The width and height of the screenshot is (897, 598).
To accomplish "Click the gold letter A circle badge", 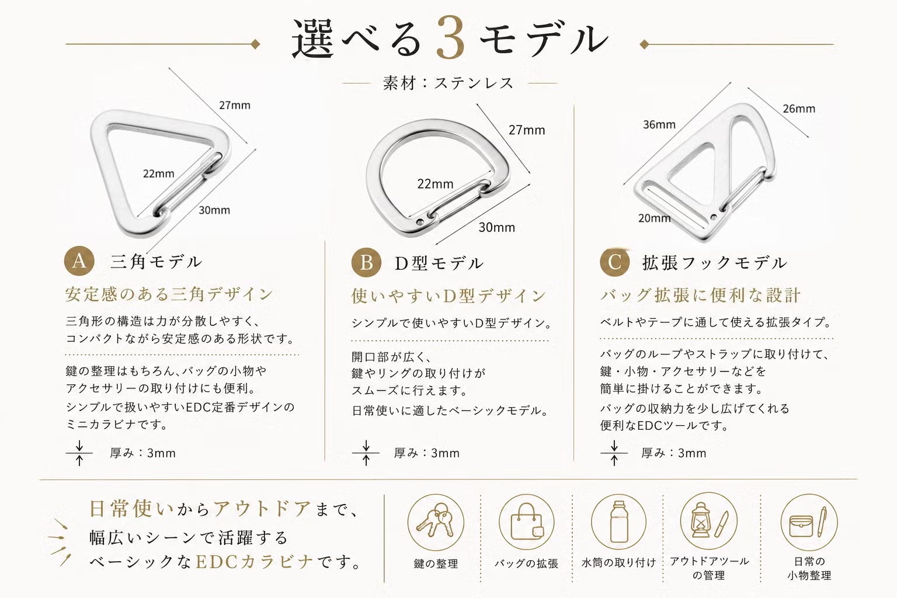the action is [x=79, y=260].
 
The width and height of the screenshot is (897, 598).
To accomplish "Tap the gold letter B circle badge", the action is [x=366, y=263].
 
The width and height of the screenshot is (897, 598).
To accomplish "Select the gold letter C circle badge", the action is [x=615, y=262].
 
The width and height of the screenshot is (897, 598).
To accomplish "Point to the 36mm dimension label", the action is [x=659, y=124].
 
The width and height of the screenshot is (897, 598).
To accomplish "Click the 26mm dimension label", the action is [x=799, y=109].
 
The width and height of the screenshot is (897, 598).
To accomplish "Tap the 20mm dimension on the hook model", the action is [x=654, y=218].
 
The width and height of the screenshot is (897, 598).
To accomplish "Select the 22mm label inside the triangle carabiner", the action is [x=159, y=174].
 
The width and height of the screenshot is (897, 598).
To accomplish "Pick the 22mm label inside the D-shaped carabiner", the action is [x=435, y=184].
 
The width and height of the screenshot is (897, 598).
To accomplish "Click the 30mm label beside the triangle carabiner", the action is [x=214, y=210].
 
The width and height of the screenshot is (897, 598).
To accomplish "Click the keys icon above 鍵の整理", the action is [x=436, y=522].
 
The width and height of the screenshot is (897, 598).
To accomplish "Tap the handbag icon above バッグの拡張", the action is [x=527, y=522].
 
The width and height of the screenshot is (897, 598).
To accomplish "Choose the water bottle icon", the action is [x=618, y=522].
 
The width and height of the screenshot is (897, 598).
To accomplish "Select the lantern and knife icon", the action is [x=709, y=521].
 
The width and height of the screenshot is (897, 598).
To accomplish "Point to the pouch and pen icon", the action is [x=809, y=522].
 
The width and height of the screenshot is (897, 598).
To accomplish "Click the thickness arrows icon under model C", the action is [x=614, y=453].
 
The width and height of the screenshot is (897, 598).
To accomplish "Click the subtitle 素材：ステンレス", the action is [x=448, y=84].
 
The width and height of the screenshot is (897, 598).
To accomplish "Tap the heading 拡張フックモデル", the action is [x=715, y=263].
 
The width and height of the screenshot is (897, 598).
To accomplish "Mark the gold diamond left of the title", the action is [x=255, y=44].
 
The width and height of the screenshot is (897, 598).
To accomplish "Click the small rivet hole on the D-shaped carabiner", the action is [x=419, y=221].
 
